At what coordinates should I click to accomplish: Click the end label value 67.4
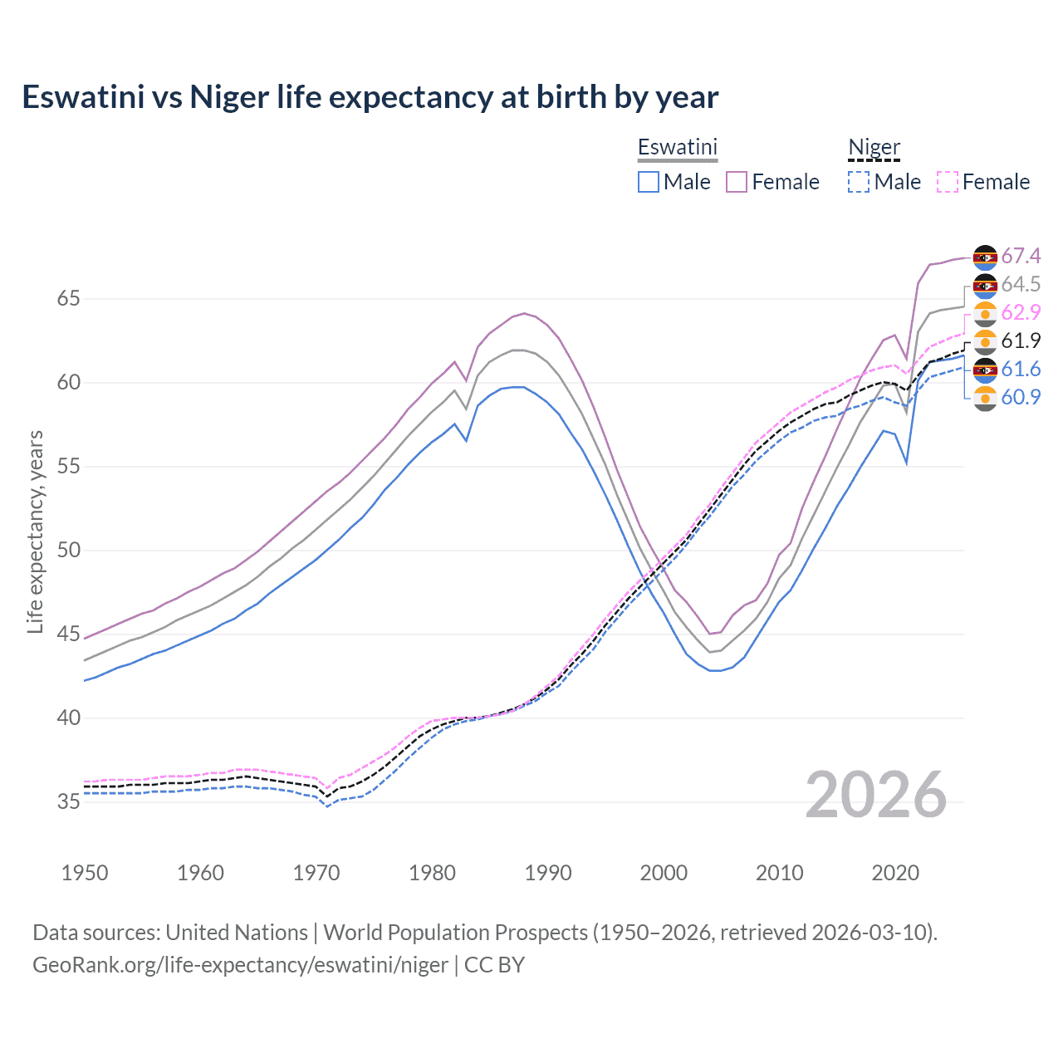click(1021, 256)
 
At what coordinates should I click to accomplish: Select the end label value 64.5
click(1021, 284)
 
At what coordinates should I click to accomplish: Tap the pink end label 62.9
click(1021, 312)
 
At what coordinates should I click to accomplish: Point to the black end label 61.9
click(1021, 340)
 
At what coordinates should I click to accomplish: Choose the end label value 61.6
click(1021, 369)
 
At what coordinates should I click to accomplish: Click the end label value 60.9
click(1021, 397)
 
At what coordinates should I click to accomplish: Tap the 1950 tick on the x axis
click(85, 873)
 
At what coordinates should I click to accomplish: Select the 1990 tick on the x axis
click(548, 873)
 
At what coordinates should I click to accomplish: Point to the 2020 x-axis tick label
click(895, 873)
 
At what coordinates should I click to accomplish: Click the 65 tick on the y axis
click(68, 298)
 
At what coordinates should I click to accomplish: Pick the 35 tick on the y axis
click(68, 801)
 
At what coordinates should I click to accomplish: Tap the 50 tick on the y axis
click(68, 550)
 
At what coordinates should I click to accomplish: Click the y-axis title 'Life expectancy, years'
click(35, 531)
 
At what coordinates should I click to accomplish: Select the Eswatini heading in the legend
click(677, 147)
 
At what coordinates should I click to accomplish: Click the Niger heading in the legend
click(874, 147)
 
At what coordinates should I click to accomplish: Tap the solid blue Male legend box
click(649, 182)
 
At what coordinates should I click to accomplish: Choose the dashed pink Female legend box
click(948, 182)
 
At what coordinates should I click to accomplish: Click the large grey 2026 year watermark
click(876, 795)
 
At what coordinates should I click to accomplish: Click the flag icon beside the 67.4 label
click(985, 257)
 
